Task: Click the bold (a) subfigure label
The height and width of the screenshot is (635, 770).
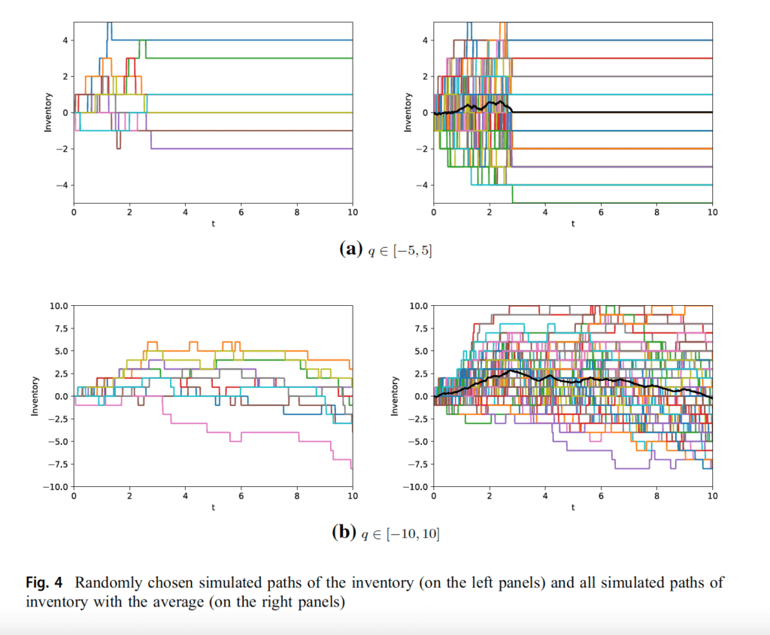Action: (350, 249)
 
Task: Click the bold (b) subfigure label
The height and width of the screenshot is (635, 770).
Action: (344, 533)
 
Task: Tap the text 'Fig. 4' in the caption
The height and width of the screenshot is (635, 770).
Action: (44, 582)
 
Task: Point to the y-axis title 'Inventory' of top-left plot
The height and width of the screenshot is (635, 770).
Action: (47, 113)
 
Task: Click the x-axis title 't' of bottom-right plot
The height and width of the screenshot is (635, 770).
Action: (572, 507)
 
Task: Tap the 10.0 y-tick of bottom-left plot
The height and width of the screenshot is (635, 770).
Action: (59, 306)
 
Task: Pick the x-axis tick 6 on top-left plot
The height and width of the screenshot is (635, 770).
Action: (241, 213)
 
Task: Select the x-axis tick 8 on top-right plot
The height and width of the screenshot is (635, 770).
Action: (656, 213)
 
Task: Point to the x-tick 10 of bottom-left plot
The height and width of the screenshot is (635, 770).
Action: (353, 496)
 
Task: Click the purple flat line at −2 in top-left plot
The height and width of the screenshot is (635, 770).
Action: (251, 149)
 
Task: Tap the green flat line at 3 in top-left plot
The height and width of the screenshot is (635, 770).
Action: (249, 59)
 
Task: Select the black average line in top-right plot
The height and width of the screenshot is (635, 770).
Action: (572, 113)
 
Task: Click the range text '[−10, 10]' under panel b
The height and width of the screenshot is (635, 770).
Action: (413, 534)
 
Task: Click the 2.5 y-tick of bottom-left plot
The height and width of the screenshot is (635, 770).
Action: (61, 374)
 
